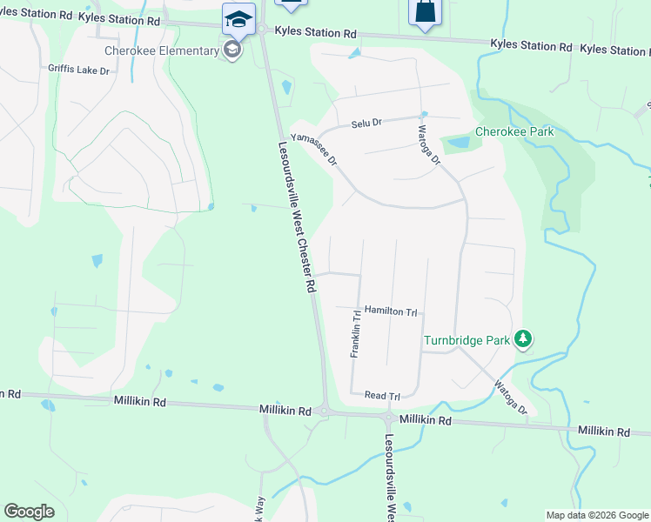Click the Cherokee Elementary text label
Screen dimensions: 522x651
[x=162, y=50]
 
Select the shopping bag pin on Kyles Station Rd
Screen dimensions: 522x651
[x=424, y=12]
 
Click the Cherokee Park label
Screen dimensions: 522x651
[x=514, y=132]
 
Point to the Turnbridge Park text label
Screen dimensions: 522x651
[x=466, y=340]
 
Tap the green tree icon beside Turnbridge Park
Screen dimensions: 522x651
[x=523, y=339]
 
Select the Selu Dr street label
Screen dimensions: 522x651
[x=366, y=124]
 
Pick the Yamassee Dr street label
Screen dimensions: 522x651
[x=313, y=149]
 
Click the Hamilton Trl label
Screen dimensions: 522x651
[x=391, y=311]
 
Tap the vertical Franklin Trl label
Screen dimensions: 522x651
[x=355, y=334]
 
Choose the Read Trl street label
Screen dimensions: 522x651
[x=382, y=396]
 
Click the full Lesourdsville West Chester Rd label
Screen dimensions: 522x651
[x=296, y=217]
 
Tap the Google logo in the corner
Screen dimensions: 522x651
[x=29, y=512]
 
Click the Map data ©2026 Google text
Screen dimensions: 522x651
[x=597, y=515]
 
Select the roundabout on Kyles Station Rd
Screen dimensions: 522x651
[x=262, y=30]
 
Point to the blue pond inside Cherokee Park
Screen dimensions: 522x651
[x=455, y=144]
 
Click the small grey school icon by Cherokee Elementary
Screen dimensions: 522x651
[x=232, y=50]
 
